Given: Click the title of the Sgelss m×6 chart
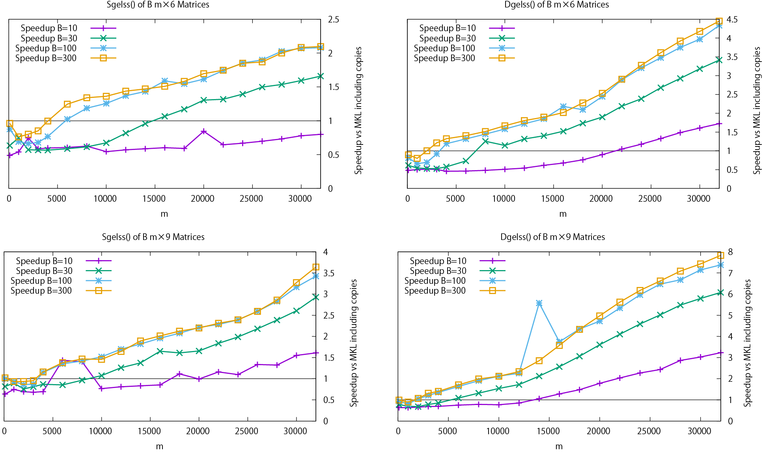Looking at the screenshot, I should tap(158, 5).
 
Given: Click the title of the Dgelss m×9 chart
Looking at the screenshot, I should tap(552, 237).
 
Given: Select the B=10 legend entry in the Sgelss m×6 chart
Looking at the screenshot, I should tap(49, 28).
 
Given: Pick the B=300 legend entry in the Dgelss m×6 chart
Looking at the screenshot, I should tap(444, 58).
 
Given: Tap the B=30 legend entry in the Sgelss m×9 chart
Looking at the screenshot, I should tap(44, 271).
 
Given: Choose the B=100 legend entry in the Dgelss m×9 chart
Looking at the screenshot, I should tap(435, 281).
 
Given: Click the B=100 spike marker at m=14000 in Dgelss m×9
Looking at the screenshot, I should tap(539, 303).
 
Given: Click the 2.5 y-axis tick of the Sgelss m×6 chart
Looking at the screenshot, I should tap(334, 19).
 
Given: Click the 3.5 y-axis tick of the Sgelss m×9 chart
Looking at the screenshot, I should tap(329, 273).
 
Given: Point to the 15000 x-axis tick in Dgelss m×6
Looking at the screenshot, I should tap(552, 199).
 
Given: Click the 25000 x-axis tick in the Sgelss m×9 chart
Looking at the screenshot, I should tap(246, 431).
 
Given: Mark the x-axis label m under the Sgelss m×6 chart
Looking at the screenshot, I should tap(164, 214).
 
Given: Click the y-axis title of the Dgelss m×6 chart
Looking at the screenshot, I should tap(757, 111).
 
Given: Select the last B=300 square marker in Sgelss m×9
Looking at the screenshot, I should tap(316, 267).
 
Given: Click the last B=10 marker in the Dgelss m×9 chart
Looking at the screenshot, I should tap(721, 353).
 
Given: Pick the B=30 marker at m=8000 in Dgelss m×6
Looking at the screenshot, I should tap(485, 141).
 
